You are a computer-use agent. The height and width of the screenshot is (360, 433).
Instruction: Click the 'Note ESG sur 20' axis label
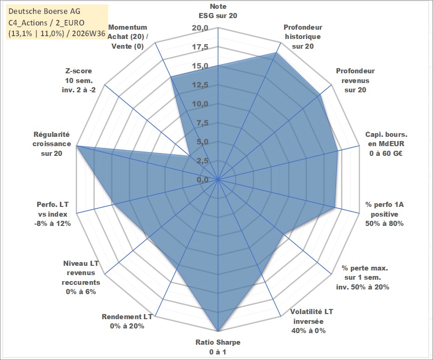click(218, 11)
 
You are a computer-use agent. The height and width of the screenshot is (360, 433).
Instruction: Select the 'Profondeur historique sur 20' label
click(303, 37)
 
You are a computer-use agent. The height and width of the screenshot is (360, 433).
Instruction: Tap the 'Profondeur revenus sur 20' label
click(355, 80)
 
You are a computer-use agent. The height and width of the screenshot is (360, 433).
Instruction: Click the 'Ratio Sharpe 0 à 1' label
click(218, 347)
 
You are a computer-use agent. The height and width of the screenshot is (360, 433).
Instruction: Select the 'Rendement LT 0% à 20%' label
click(127, 321)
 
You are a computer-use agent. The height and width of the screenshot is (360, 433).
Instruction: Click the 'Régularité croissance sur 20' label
click(52, 144)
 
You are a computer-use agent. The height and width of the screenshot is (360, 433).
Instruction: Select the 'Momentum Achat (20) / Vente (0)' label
click(128, 37)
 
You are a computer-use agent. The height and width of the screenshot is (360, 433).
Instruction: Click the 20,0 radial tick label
click(200, 28)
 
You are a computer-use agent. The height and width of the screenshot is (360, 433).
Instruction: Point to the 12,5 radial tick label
click(200, 85)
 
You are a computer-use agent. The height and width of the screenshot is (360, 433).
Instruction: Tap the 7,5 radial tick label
click(202, 122)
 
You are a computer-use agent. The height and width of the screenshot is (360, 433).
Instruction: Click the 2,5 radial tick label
click(202, 161)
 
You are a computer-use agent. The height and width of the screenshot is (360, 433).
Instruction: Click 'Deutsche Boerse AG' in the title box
click(45, 11)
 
